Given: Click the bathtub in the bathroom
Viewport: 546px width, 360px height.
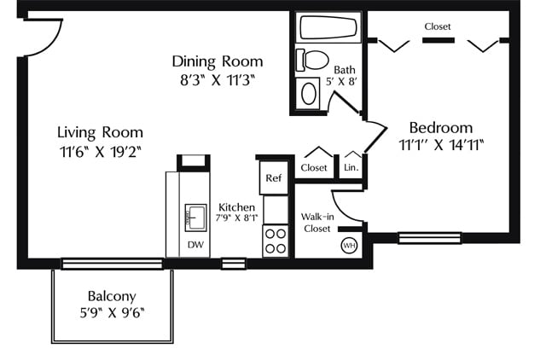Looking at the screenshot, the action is [328, 27].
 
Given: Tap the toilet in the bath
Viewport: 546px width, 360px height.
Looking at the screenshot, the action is [312, 60].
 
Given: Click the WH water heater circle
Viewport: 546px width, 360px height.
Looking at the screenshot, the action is [349, 246].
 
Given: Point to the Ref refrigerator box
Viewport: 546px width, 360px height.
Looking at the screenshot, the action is [274, 178].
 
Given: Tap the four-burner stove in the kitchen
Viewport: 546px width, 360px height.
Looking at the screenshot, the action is [276, 241].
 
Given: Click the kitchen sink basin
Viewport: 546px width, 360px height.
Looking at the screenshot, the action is [195, 218].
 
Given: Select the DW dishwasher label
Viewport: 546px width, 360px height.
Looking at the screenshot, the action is [195, 245].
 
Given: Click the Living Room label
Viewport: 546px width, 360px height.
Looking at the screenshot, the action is [101, 132].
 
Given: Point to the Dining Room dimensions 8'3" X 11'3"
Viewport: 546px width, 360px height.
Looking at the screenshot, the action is [218, 80].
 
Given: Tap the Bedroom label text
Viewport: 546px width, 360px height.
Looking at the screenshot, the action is [441, 128].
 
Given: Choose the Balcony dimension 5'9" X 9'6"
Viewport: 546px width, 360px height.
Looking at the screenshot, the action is [112, 312].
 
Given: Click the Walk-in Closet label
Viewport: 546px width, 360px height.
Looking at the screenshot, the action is [317, 223].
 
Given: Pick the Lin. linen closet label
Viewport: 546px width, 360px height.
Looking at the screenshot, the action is [351, 167].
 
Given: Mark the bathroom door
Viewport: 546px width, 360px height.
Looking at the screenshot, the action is [347, 102].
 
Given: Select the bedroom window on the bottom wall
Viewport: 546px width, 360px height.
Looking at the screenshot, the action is [430, 238].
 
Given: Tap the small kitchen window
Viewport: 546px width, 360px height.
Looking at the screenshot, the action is [234, 264].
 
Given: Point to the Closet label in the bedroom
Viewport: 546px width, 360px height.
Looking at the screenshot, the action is [438, 26].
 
